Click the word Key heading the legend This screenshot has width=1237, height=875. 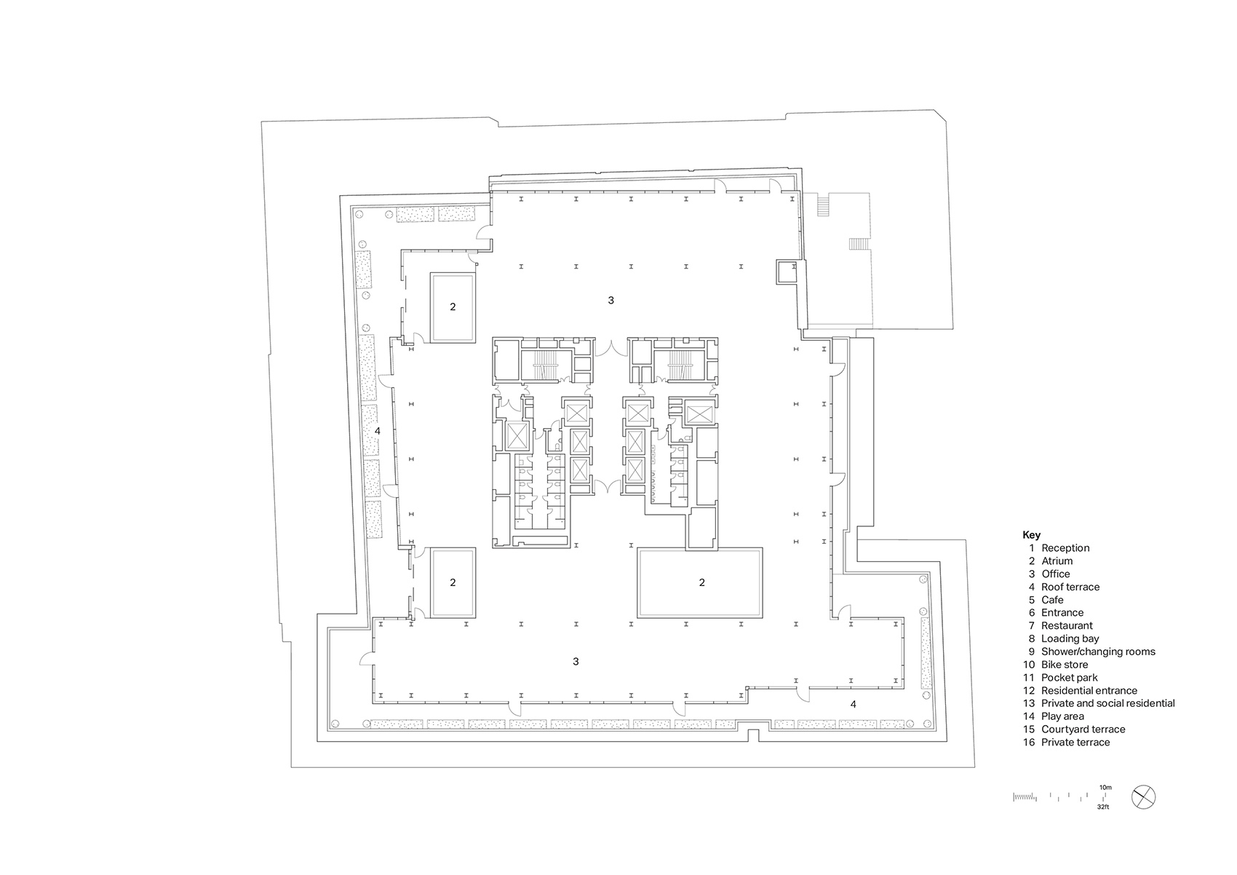[x=1031, y=535]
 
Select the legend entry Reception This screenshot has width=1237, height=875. [x=1065, y=548]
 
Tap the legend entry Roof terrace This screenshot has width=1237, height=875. [x=1070, y=587]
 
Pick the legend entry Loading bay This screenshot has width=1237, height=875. [x=1070, y=638]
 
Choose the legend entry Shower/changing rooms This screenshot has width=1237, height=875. [x=1098, y=652]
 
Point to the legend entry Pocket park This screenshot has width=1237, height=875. [x=1069, y=678]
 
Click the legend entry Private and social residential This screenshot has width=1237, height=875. [x=1107, y=703]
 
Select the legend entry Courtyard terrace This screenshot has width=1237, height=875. [x=1083, y=729]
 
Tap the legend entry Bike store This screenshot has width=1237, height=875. [x=1065, y=665]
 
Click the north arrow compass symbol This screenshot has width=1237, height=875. [x=1144, y=796]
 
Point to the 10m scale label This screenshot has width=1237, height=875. [x=1105, y=788]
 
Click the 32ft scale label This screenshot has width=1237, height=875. [x=1105, y=807]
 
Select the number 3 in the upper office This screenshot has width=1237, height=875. [x=611, y=300]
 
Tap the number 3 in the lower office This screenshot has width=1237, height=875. [x=576, y=662]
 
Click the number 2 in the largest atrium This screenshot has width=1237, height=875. [x=701, y=582]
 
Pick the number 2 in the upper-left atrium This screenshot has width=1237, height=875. [x=453, y=307]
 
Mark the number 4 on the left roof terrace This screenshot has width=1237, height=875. [x=377, y=431]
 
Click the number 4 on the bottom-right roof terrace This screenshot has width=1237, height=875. [x=854, y=704]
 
